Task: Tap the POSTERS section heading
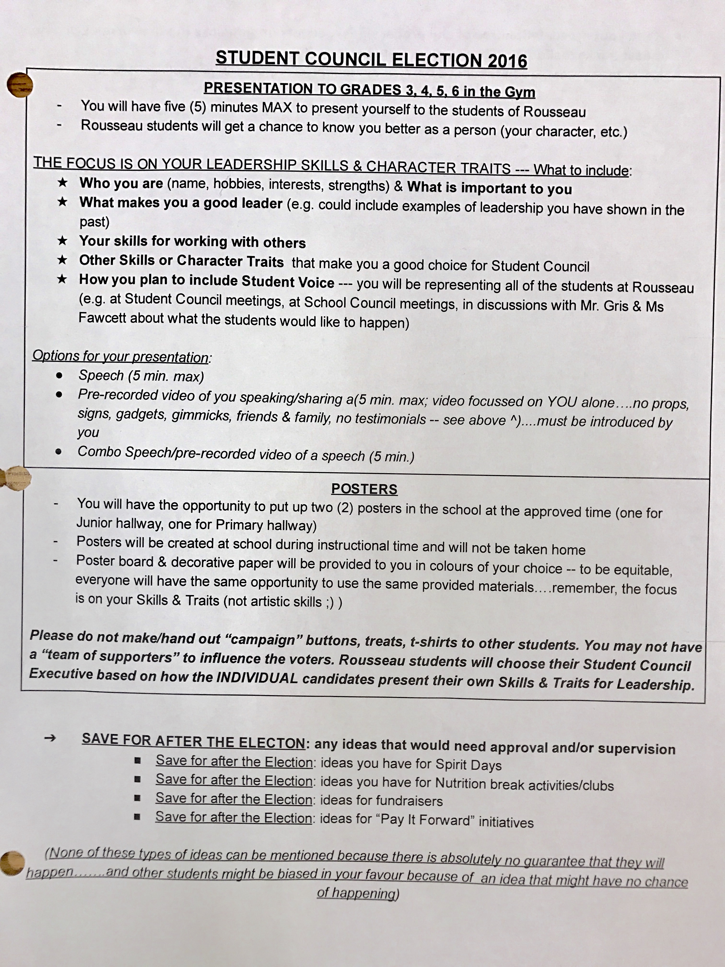point(364,489)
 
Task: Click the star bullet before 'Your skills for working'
point(63,241)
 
